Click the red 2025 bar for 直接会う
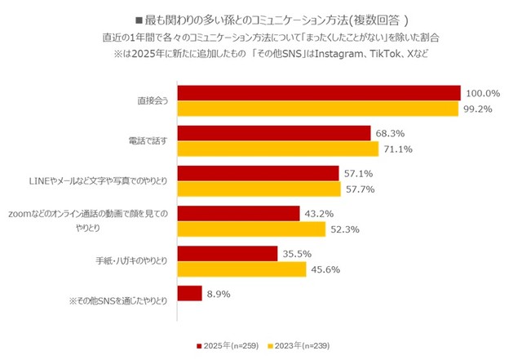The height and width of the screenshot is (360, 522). click(318, 93)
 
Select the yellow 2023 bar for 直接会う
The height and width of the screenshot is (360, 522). click(317, 109)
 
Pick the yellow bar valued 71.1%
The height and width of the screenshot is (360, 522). click(277, 149)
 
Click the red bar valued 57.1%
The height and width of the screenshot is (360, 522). click(257, 173)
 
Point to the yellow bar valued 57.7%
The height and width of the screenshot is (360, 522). click(258, 189)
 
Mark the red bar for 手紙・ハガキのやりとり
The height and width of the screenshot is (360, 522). click(227, 253)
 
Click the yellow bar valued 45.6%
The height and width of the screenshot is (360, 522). click(241, 269)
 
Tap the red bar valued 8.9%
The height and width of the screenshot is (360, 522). click(188, 293)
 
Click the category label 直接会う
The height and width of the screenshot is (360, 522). click(152, 101)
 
